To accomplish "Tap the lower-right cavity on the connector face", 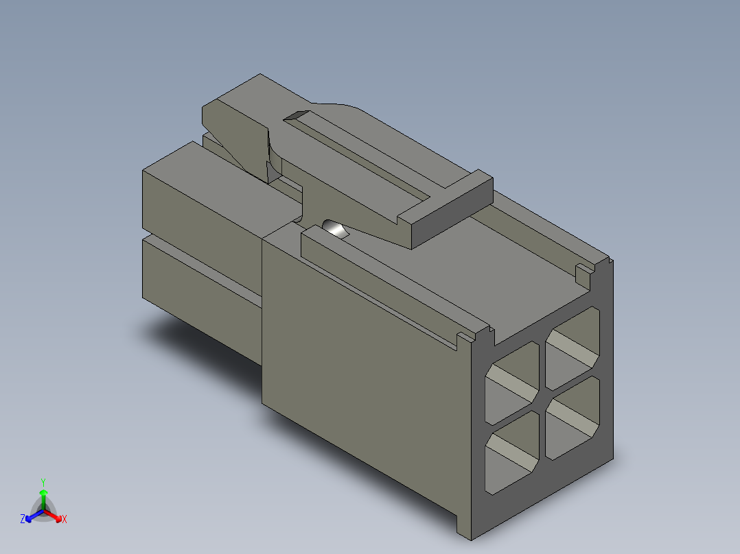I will pyautogui.click(x=573, y=418).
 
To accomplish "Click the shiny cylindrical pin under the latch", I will pyautogui.click(x=335, y=228).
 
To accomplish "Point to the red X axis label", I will pyautogui.click(x=64, y=520).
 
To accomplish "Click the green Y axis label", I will pyautogui.click(x=43, y=482).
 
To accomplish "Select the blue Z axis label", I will pyautogui.click(x=23, y=519).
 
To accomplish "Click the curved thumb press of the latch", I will pyautogui.click(x=240, y=137).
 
